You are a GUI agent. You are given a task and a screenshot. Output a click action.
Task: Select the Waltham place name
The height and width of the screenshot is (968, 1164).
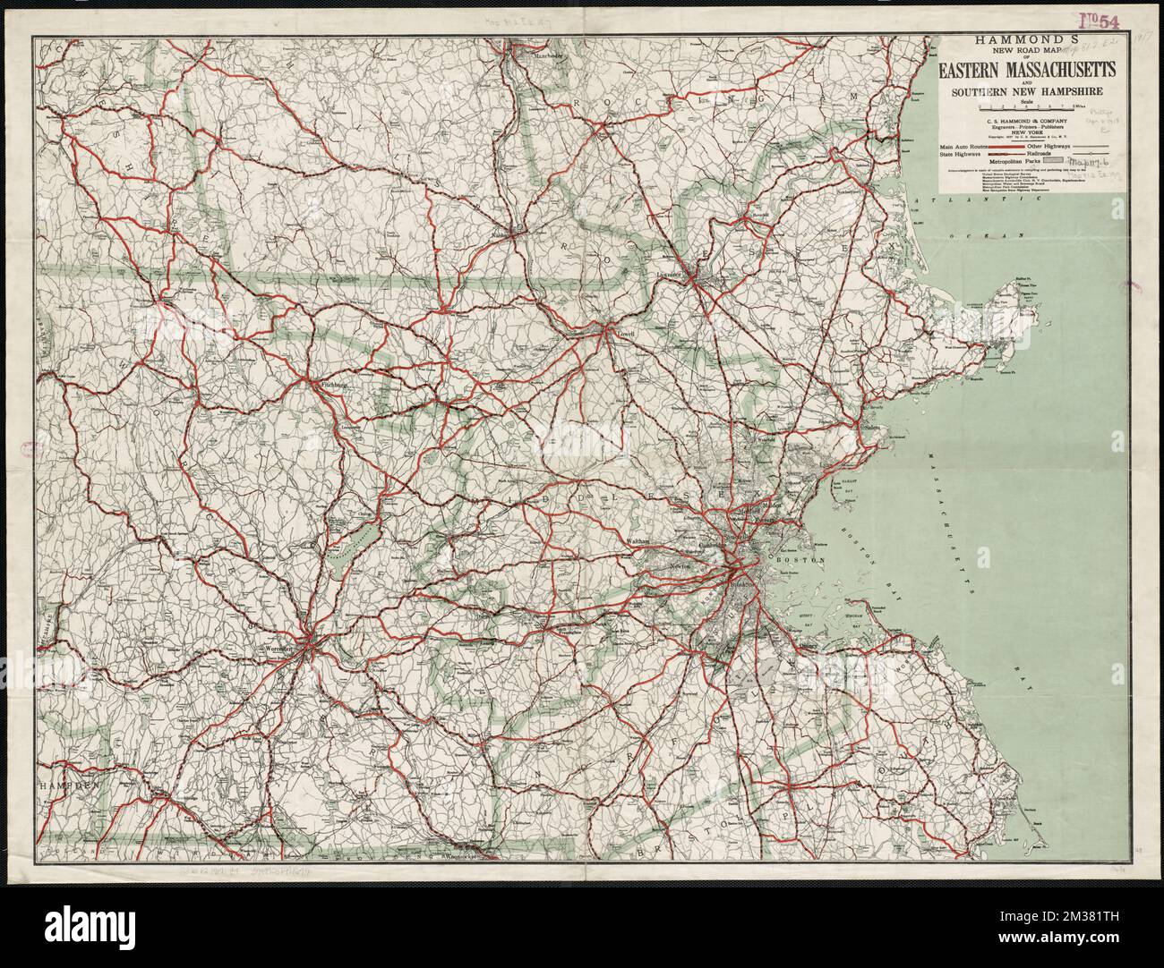pos(638,541)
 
